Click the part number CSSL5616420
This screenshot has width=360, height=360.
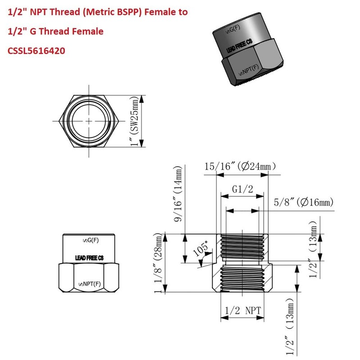36,51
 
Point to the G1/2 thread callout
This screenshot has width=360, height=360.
242,189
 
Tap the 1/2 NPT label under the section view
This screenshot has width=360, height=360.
242,311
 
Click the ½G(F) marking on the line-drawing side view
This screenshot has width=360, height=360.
89,240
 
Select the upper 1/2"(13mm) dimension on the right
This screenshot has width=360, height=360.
315,238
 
